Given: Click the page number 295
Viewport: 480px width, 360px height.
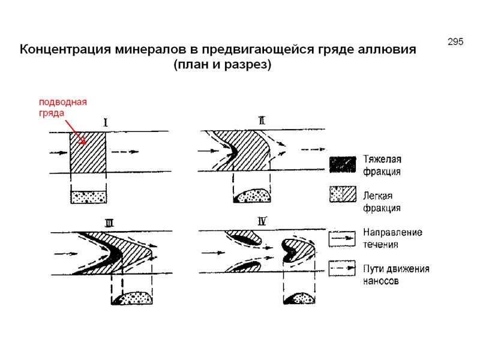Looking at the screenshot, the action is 455,42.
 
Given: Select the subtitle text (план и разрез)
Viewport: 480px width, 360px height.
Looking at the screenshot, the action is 222,64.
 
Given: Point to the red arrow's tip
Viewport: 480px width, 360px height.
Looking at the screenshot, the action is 88,145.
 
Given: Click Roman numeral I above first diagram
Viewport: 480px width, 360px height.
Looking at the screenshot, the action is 106,122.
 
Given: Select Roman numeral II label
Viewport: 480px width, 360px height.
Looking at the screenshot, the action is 262,120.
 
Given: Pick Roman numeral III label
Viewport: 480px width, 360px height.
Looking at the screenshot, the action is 109,223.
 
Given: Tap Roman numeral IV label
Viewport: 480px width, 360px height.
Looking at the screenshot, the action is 262,221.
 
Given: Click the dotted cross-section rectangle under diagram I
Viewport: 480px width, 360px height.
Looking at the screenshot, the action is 88,196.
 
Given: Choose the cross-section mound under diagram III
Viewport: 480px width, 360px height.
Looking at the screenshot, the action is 134,298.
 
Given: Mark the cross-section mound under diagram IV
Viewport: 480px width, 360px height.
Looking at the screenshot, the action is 301,298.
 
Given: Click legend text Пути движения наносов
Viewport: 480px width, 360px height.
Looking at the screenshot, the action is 395,274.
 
